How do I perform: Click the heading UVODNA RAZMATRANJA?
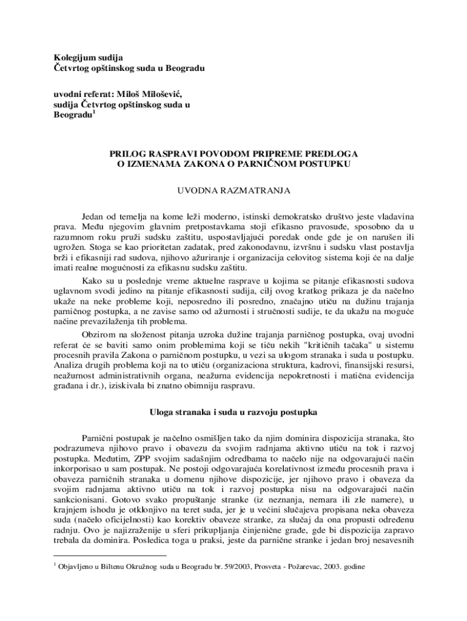click(x=233, y=190)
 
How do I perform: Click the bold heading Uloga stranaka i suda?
click(x=233, y=413)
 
